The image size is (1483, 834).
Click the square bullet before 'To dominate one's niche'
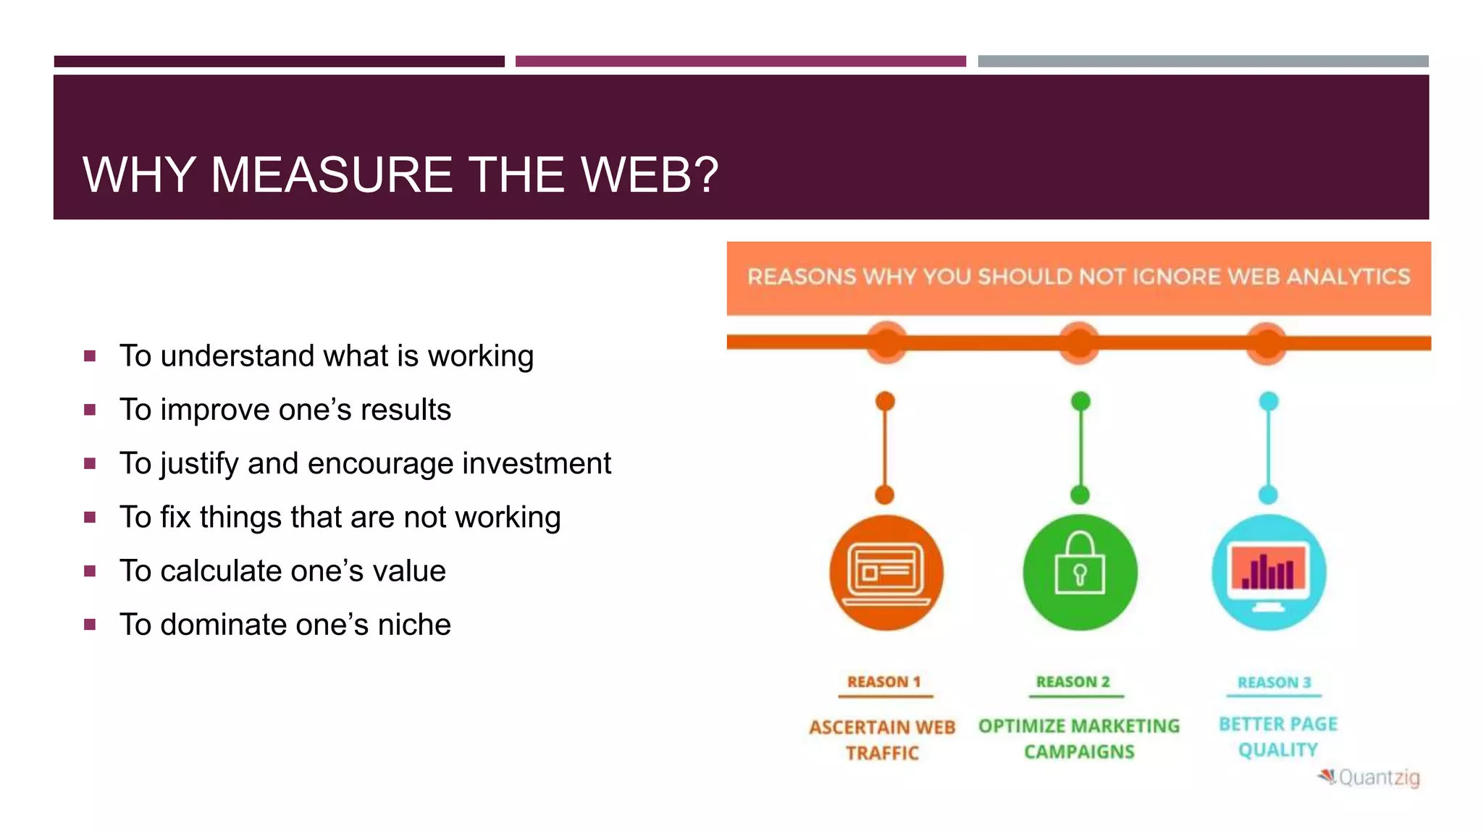(90, 624)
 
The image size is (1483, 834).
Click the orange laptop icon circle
(886, 573)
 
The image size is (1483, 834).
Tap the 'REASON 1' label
(883, 682)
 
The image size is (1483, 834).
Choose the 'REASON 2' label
(1073, 682)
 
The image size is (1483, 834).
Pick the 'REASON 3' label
(1274, 683)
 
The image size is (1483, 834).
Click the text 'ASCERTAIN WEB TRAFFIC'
(882, 740)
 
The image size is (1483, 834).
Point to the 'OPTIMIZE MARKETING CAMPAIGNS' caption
(1079, 738)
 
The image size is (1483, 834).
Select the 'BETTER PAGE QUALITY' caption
(1278, 737)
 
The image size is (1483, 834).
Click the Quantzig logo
(1370, 778)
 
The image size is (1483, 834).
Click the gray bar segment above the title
(1203, 62)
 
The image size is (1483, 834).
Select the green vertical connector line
(1080, 449)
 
